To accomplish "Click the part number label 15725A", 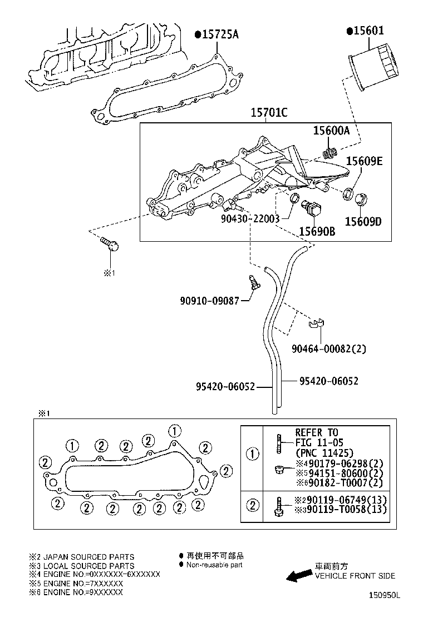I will click(219, 34).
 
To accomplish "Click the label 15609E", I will click(364, 161).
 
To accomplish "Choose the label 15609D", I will click(363, 222).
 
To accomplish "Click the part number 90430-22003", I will click(250, 218).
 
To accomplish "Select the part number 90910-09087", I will click(209, 301).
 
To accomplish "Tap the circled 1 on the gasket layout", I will click(175, 431).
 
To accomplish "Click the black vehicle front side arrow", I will click(299, 575).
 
